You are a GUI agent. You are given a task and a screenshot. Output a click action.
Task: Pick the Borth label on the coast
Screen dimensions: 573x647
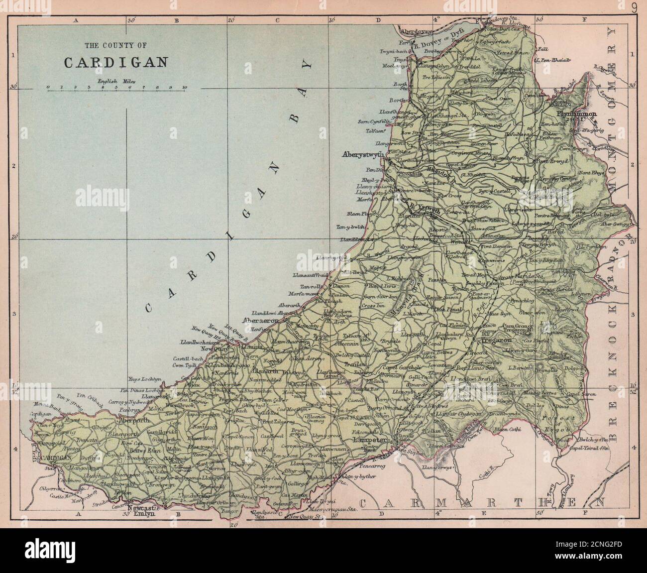[399, 99]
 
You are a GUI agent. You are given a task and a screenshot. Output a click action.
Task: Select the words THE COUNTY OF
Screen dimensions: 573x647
[115, 46]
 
